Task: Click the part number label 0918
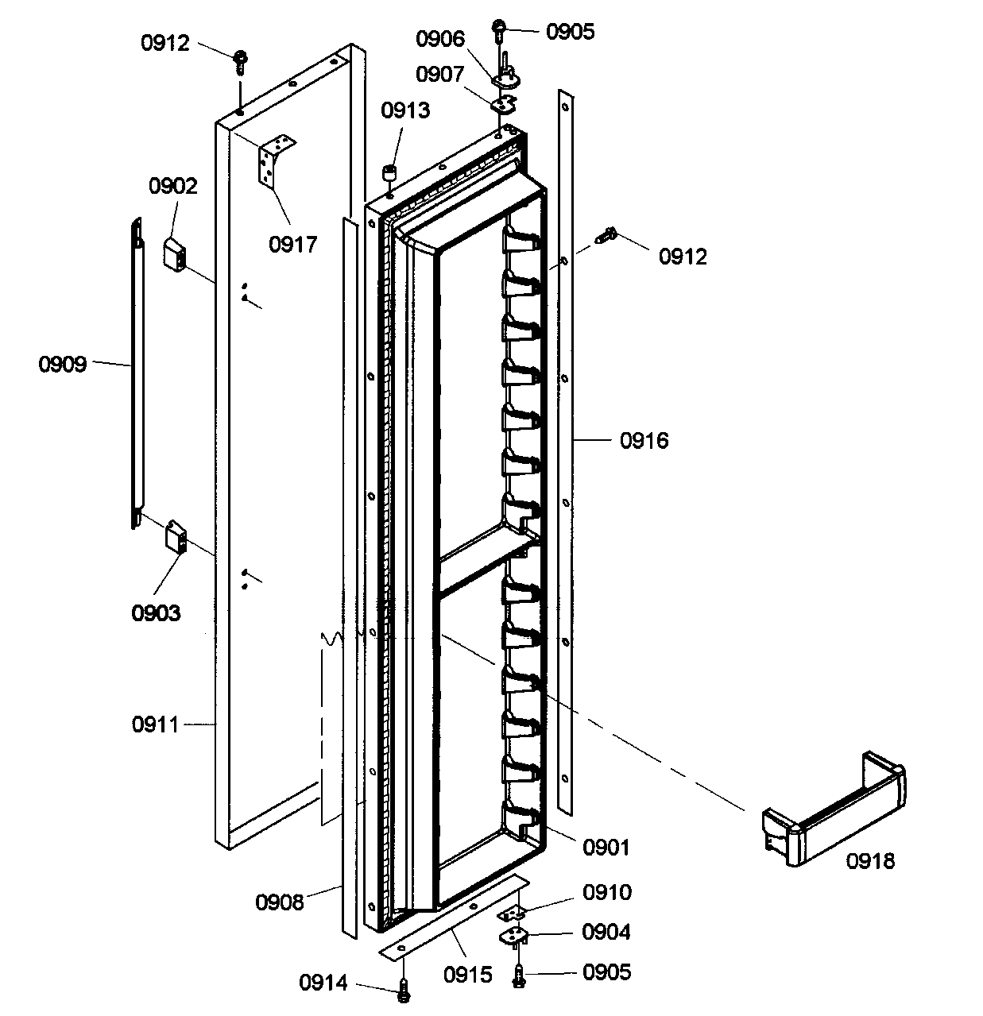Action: click(869, 860)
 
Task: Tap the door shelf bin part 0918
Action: click(834, 810)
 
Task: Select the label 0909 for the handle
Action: click(63, 365)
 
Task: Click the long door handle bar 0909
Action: click(137, 373)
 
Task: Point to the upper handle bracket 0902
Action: click(175, 254)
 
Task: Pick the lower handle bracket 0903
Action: click(175, 537)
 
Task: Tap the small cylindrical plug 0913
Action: click(390, 173)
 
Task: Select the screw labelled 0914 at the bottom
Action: click(404, 987)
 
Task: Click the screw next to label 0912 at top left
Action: click(239, 60)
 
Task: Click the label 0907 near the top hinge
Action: click(439, 74)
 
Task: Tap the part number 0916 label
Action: click(644, 440)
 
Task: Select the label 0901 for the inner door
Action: click(606, 848)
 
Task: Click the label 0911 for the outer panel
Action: click(156, 724)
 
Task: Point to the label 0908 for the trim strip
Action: click(280, 902)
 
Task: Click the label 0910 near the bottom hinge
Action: click(607, 892)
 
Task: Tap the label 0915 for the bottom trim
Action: click(468, 974)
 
